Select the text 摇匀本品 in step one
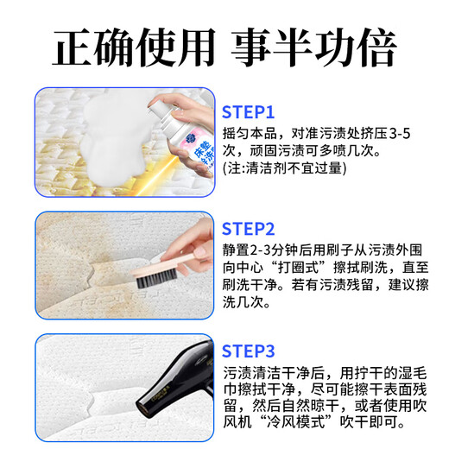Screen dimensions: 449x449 [x=250, y=134]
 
